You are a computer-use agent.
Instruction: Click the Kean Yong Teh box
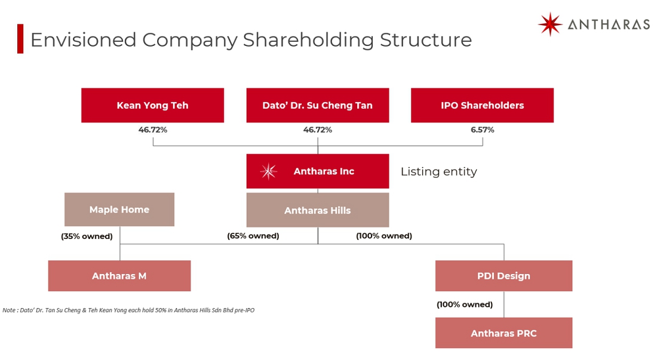[152, 105]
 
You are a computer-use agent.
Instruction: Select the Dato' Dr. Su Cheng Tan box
[318, 105]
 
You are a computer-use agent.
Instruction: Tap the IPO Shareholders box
[482, 105]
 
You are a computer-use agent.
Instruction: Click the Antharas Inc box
[318, 171]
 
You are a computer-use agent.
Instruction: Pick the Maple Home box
[119, 210]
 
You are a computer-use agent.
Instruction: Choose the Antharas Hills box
[318, 210]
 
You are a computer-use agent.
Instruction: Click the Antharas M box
[119, 276]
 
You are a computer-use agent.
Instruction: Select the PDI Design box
[504, 276]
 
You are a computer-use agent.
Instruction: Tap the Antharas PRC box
[504, 333]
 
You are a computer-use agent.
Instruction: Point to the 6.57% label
[482, 130]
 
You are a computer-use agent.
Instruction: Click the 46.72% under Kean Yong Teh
[152, 130]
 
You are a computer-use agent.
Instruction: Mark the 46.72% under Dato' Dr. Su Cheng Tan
[318, 130]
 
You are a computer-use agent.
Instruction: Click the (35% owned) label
[87, 236]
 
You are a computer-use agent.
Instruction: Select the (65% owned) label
[253, 236]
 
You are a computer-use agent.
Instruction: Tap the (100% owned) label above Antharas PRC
[465, 304]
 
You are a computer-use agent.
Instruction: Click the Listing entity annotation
[439, 171]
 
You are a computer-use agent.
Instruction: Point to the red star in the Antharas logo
[549, 24]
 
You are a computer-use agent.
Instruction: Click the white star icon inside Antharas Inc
[268, 171]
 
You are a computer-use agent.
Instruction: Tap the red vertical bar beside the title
[20, 39]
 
